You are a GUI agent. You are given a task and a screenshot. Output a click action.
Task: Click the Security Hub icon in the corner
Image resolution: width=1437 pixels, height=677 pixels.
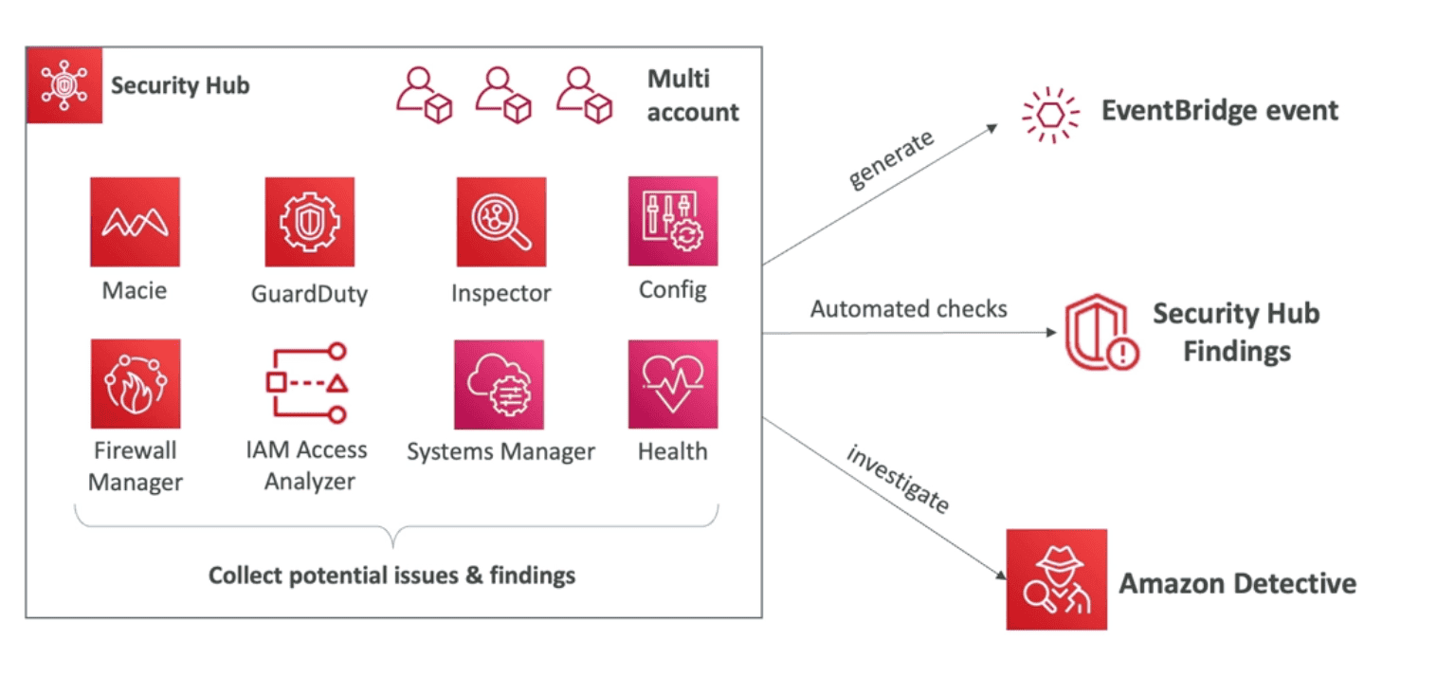(64, 85)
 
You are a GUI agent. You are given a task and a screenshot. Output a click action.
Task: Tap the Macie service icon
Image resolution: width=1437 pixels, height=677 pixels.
(135, 222)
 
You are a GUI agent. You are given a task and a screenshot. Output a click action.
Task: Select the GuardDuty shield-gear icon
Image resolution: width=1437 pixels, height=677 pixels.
(309, 222)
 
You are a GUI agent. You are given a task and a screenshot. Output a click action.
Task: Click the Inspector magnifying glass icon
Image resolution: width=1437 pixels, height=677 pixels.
(500, 222)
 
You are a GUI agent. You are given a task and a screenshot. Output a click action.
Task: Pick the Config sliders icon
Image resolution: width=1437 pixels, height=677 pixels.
(673, 221)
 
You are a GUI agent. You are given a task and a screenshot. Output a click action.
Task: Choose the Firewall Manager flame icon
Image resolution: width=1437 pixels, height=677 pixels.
(135, 384)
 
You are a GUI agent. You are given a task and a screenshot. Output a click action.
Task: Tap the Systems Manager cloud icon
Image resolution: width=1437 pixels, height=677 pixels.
(500, 385)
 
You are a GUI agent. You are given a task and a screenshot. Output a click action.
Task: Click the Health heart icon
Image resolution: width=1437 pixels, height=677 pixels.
(673, 384)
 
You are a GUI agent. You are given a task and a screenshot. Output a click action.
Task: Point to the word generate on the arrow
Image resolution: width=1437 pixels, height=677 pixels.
(892, 159)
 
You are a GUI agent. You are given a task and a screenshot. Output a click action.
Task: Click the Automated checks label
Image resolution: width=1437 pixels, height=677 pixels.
(908, 309)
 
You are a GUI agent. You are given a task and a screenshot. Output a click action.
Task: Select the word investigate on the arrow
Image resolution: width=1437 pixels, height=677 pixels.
(897, 479)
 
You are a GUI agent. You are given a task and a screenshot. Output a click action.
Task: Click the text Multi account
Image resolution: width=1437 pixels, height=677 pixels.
(693, 96)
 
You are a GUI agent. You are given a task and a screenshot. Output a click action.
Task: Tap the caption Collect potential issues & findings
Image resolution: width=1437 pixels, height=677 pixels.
(391, 576)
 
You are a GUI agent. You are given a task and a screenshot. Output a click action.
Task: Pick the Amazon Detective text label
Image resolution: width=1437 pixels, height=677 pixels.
(1237, 582)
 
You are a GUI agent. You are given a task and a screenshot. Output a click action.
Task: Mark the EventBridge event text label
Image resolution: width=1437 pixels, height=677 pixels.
(1220, 111)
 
